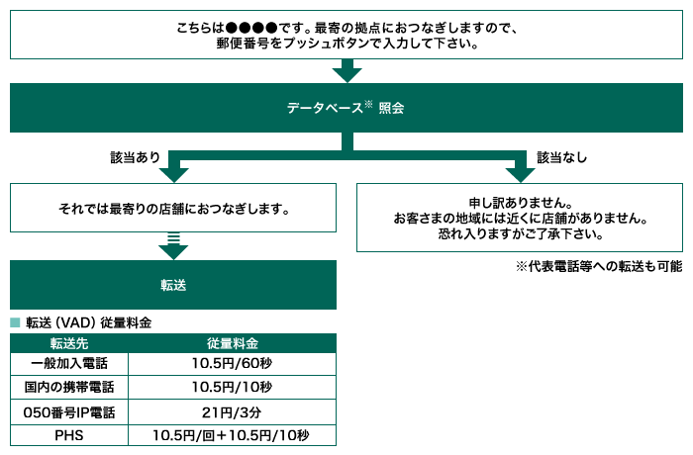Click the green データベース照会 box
tap(346, 107)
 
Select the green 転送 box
tap(173, 285)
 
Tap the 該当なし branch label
tap(560, 156)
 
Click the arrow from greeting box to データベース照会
tap(346, 70)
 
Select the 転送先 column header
tap(69, 343)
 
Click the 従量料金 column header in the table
tap(233, 343)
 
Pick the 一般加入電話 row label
tap(69, 364)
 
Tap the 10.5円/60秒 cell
tap(233, 364)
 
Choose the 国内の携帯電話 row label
tap(69, 387)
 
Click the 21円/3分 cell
tap(233, 410)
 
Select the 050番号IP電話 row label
tap(69, 410)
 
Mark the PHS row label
tap(69, 434)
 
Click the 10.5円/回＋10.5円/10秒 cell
tap(233, 434)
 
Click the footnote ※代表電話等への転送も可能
tap(598, 267)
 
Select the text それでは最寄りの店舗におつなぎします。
tap(173, 210)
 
